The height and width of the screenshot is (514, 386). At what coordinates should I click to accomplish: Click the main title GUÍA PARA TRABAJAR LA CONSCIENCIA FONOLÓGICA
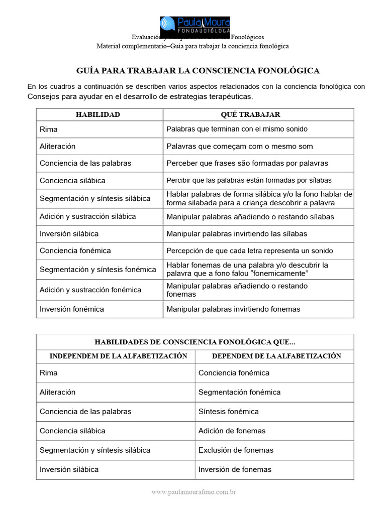tap(198, 71)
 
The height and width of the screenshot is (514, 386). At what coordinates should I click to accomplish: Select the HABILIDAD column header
tap(98, 114)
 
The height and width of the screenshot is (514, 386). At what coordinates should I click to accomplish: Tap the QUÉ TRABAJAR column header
tap(258, 114)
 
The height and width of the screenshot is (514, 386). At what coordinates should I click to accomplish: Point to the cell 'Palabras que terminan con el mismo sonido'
tap(237, 129)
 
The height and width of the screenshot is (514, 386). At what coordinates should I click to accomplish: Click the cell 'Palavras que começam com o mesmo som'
tap(239, 147)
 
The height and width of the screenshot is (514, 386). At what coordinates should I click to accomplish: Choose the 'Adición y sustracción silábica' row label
tap(88, 216)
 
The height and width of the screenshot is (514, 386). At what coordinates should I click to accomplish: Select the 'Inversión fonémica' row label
tap(72, 309)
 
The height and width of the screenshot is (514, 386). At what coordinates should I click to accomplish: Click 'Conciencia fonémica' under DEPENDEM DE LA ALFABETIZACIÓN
tap(234, 373)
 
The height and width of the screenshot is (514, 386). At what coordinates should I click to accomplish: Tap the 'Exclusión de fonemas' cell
tap(236, 450)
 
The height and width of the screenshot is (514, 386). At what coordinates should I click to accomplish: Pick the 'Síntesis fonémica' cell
tap(228, 412)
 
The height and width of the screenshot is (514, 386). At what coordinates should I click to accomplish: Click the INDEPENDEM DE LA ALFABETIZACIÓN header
tap(118, 356)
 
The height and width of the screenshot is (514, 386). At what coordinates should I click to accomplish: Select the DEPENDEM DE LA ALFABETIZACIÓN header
tap(276, 356)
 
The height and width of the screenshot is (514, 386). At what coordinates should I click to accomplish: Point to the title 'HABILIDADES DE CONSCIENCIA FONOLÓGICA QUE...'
tap(195, 342)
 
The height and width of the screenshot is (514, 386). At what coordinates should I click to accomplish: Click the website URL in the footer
tap(194, 492)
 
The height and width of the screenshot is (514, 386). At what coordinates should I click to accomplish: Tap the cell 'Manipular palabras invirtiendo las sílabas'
tap(237, 234)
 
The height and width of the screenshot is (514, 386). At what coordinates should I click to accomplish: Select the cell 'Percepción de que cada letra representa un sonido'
tap(249, 250)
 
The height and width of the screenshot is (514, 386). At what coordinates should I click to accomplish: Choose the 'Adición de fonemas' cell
tap(232, 431)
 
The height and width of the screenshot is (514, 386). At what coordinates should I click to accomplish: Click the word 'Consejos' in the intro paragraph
tap(43, 96)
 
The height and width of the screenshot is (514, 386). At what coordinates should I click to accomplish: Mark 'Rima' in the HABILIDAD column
tap(49, 129)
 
